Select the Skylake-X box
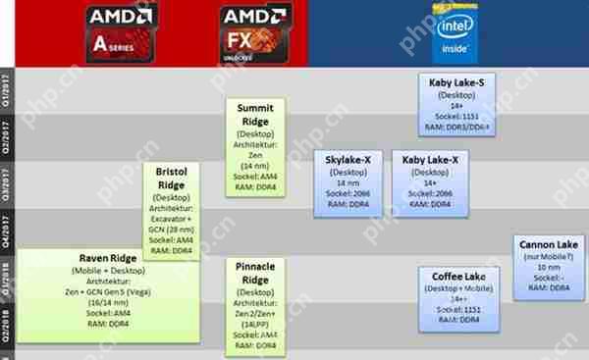tap(348, 179)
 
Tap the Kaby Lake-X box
tap(430, 179)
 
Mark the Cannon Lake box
tap(550, 262)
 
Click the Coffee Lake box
tap(457, 297)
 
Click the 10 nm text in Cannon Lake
tap(550, 266)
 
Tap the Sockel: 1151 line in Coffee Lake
tap(457, 310)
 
